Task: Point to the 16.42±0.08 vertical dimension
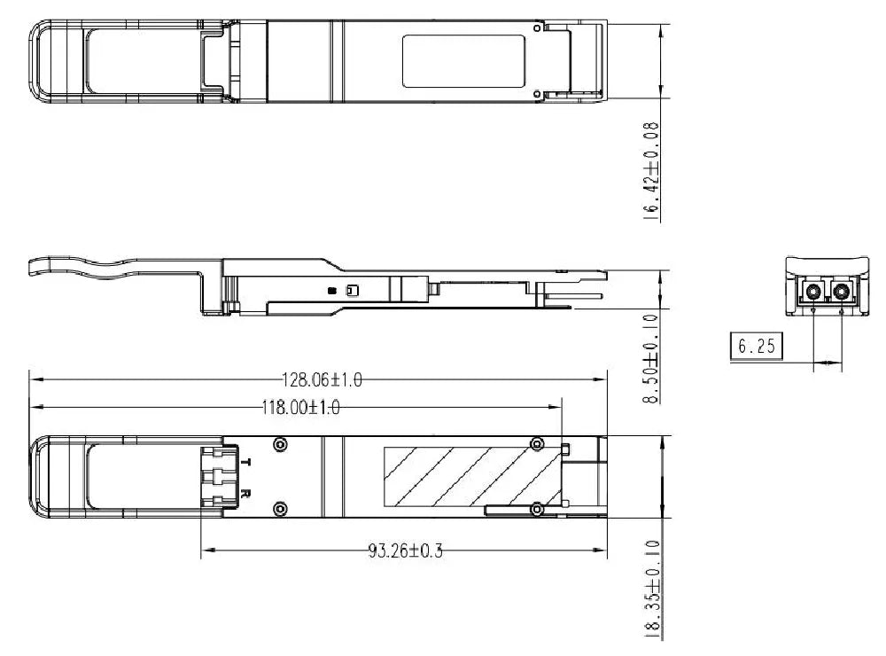pyautogui.click(x=653, y=170)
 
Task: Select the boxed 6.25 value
pyautogui.click(x=755, y=346)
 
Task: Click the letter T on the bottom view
pyautogui.click(x=247, y=463)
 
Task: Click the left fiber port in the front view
pyautogui.click(x=812, y=292)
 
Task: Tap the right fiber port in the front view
pyautogui.click(x=840, y=292)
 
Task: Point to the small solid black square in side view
pyautogui.click(x=331, y=290)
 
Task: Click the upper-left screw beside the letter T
pyautogui.click(x=281, y=444)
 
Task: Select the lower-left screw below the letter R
pyautogui.click(x=281, y=508)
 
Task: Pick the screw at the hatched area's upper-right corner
pyautogui.click(x=535, y=444)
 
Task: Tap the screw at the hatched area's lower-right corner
pyautogui.click(x=535, y=508)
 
